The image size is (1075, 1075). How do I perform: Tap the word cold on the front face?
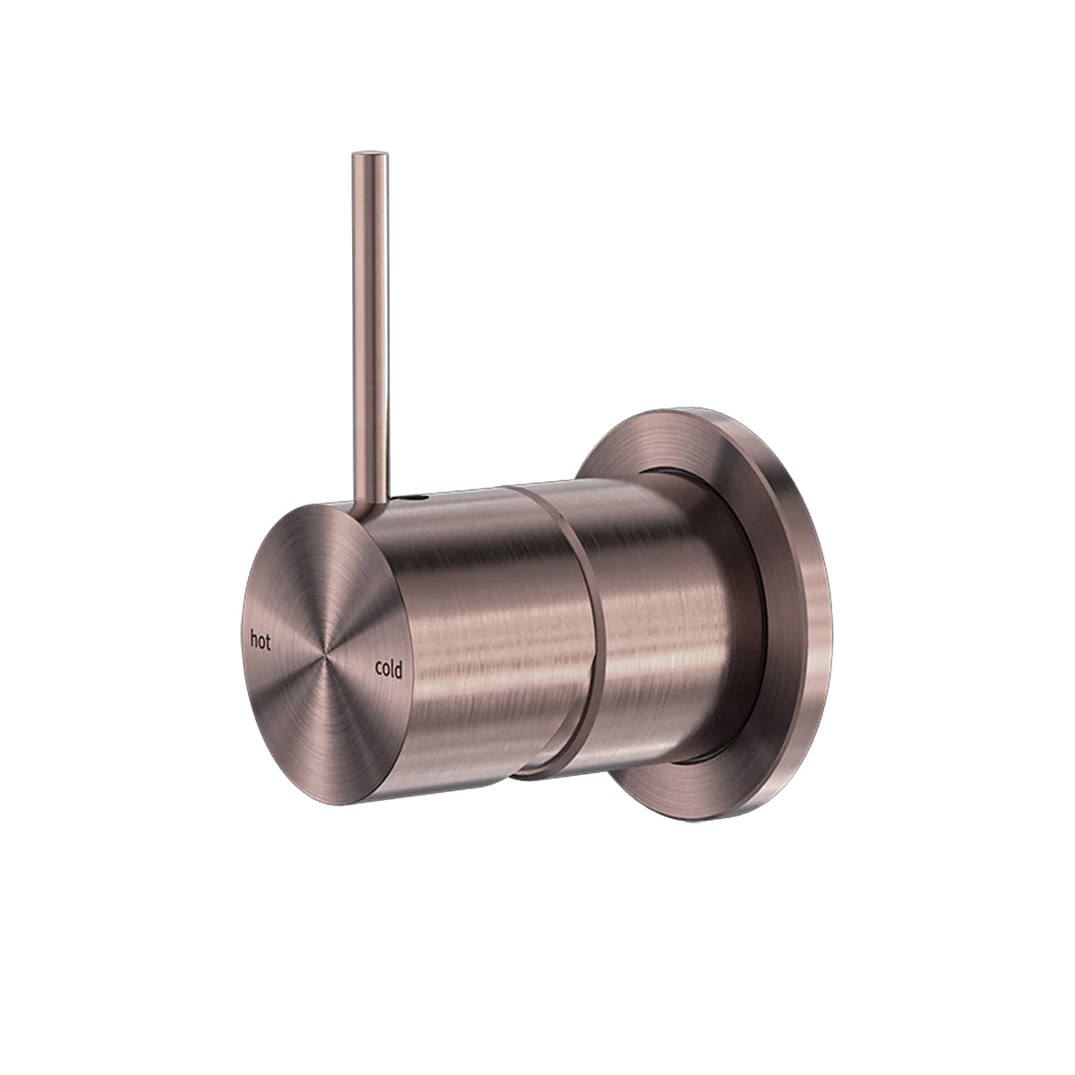(389, 668)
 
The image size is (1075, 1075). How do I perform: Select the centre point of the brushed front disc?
(324, 647)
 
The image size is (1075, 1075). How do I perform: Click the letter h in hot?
(254, 640)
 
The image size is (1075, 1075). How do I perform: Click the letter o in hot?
(261, 641)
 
